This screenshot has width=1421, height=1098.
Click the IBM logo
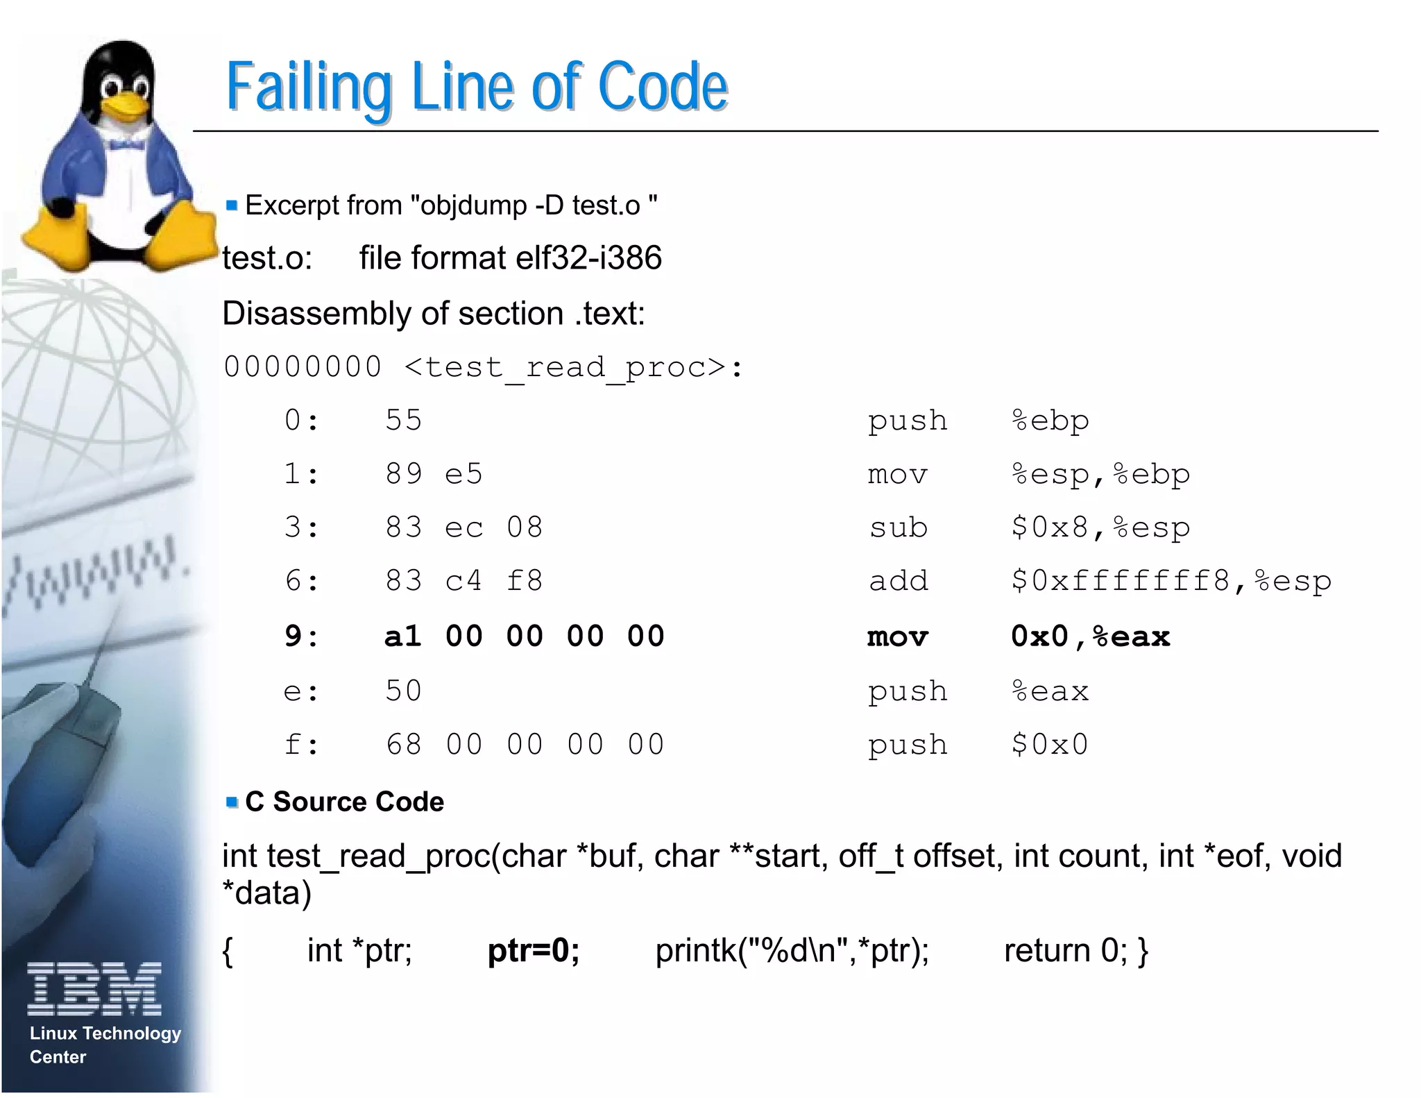click(94, 988)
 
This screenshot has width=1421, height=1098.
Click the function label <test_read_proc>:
click(573, 367)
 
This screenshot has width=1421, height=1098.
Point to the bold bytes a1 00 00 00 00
click(525, 636)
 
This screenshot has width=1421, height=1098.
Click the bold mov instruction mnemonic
click(898, 636)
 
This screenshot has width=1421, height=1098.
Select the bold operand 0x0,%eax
click(1090, 636)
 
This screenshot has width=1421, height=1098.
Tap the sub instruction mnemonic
click(898, 528)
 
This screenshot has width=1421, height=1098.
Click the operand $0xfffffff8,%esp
click(1171, 582)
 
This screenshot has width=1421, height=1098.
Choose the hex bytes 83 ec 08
click(463, 528)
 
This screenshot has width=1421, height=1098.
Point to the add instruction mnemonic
click(898, 582)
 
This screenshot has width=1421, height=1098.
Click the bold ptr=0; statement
click(533, 950)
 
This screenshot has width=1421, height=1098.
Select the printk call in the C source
click(792, 950)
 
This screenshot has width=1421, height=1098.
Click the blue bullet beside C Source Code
click(232, 802)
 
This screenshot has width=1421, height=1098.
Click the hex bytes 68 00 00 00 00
click(525, 745)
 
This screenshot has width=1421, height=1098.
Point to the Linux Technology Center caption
click(104, 1045)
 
